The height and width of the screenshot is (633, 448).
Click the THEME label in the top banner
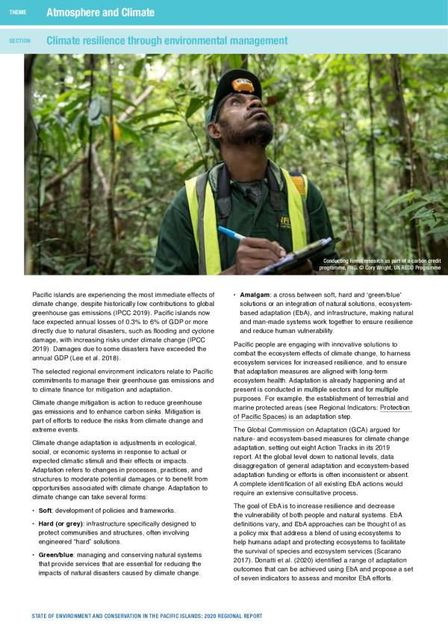(17, 12)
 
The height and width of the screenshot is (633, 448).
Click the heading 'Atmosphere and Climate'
(100, 12)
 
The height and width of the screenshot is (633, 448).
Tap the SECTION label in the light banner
(19, 40)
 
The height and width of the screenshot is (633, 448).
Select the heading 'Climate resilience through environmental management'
(167, 40)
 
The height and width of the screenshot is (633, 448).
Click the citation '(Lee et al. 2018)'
(105, 359)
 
